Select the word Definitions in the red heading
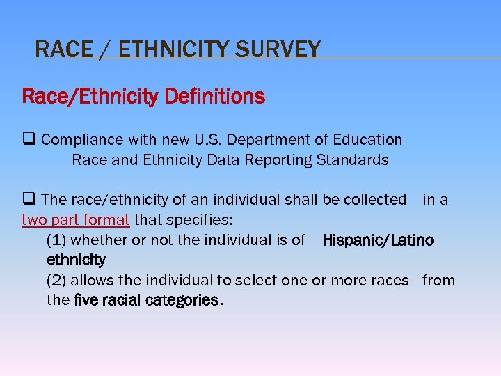[x=214, y=96]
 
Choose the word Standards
[x=352, y=160]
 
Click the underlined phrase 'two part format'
[x=76, y=220]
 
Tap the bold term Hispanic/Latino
[x=378, y=240]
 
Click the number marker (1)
[x=57, y=240]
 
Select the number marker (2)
[x=57, y=281]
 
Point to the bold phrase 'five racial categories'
[x=147, y=301]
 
